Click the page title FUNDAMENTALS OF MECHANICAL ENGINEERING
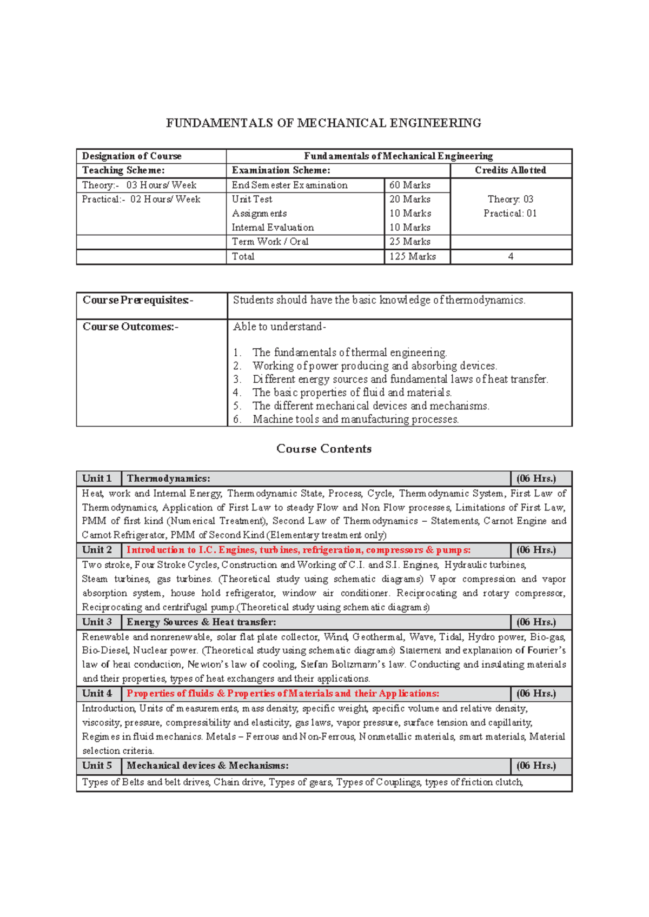click(323, 123)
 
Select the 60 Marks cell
click(410, 185)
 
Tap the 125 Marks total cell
click(413, 257)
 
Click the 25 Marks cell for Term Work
click(410, 242)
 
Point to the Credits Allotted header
click(510, 170)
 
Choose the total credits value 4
click(511, 257)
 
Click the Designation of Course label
click(131, 156)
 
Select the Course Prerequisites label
click(137, 300)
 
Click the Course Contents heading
click(323, 449)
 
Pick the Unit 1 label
click(97, 479)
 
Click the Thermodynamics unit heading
click(168, 479)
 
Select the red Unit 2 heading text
click(299, 550)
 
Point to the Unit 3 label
click(97, 622)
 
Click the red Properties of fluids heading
click(283, 694)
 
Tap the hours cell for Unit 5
click(536, 766)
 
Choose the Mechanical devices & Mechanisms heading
click(207, 766)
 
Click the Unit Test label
click(252, 200)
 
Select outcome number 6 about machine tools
click(355, 420)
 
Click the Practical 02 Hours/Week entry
click(141, 200)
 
